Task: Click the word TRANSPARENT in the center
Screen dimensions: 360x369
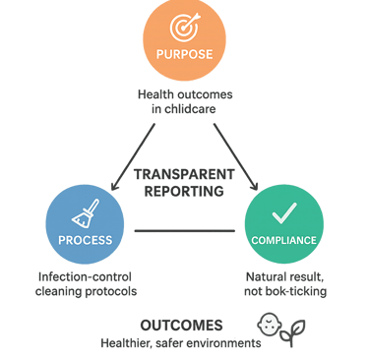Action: click(x=183, y=174)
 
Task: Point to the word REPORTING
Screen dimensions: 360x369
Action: click(x=183, y=190)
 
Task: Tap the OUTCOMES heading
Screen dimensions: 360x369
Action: click(x=181, y=325)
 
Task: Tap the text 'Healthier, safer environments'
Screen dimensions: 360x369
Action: click(x=180, y=343)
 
